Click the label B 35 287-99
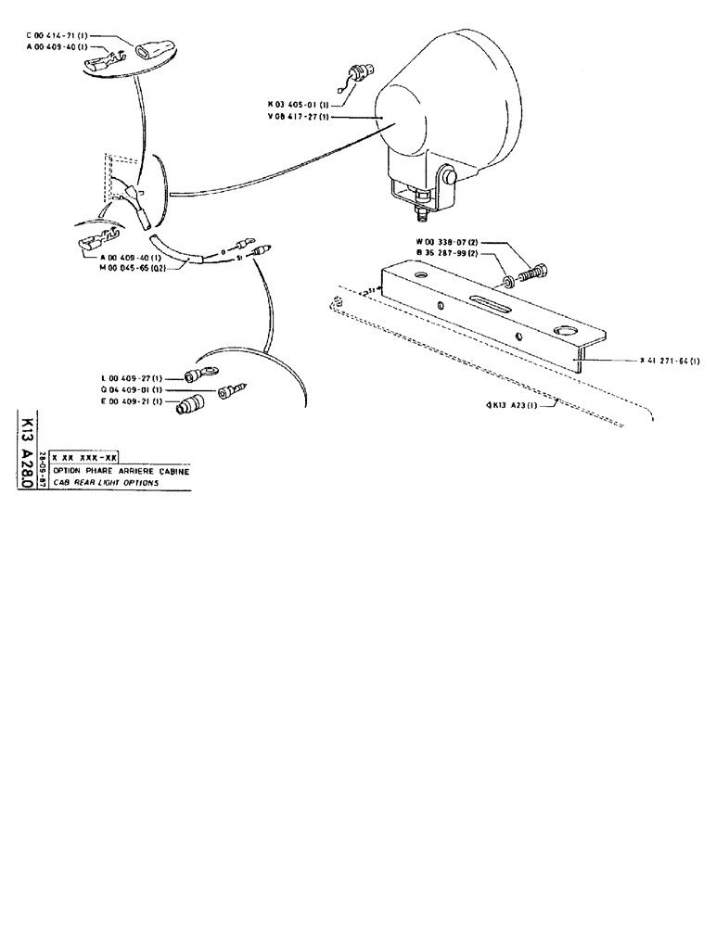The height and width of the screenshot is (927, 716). click(x=449, y=253)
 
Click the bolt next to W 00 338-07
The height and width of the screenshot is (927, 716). click(x=532, y=273)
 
